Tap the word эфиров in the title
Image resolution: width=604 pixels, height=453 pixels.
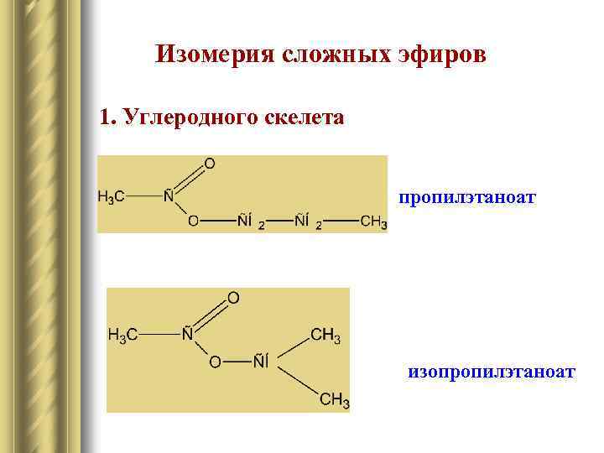[x=441, y=55]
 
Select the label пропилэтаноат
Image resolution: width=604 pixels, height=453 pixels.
[x=467, y=198]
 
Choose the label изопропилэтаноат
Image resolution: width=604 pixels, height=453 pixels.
[x=491, y=370]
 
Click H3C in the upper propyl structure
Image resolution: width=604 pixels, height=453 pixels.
[x=112, y=197]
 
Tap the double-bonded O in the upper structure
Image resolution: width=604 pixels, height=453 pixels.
[x=209, y=164]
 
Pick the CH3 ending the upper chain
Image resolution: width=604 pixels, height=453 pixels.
[x=373, y=221]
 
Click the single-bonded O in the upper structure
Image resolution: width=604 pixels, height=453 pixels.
[x=194, y=221]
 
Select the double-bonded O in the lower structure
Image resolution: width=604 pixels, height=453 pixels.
[x=233, y=298]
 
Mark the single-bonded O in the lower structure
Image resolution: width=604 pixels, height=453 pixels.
[x=216, y=362]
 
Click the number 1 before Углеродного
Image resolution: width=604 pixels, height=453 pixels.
[x=104, y=117]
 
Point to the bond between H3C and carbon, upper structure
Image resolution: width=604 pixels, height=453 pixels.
[x=143, y=197]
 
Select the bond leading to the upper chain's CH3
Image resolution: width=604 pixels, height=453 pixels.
[x=341, y=221]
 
